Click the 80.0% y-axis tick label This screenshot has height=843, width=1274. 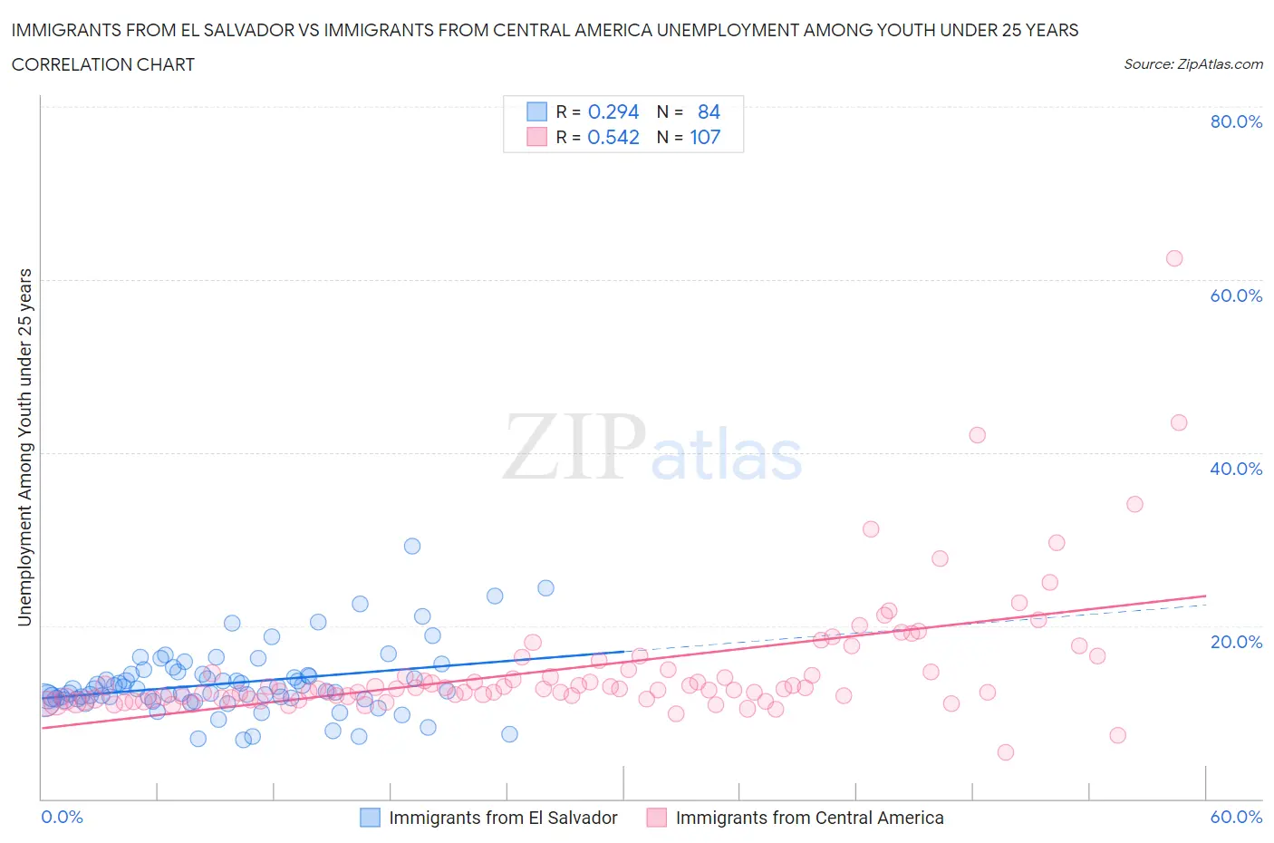tap(1236, 121)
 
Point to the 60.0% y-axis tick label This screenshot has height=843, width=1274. tap(1236, 296)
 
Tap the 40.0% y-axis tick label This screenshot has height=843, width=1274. tap(1236, 469)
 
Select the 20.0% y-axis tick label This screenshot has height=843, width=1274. tap(1236, 642)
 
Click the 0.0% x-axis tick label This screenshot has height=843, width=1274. tap(62, 817)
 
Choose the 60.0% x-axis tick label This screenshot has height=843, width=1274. tap(1236, 817)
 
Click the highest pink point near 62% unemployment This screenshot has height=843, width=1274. tap(1174, 258)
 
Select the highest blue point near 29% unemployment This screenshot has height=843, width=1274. tap(412, 546)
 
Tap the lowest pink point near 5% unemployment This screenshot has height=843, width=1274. tap(1005, 752)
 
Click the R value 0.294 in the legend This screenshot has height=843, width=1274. tap(613, 111)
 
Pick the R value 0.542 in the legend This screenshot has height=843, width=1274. tap(613, 137)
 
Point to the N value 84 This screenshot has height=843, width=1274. tap(709, 111)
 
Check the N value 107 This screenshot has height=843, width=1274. tap(705, 137)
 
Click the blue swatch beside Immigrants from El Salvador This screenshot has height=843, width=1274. tap(370, 818)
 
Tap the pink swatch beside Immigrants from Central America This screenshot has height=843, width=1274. tap(656, 818)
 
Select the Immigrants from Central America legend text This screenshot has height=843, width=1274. tap(809, 818)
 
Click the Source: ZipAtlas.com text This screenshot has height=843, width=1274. tap(1192, 64)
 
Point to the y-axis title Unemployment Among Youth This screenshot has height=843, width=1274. tap(25, 447)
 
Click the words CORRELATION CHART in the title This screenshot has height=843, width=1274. tap(103, 64)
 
